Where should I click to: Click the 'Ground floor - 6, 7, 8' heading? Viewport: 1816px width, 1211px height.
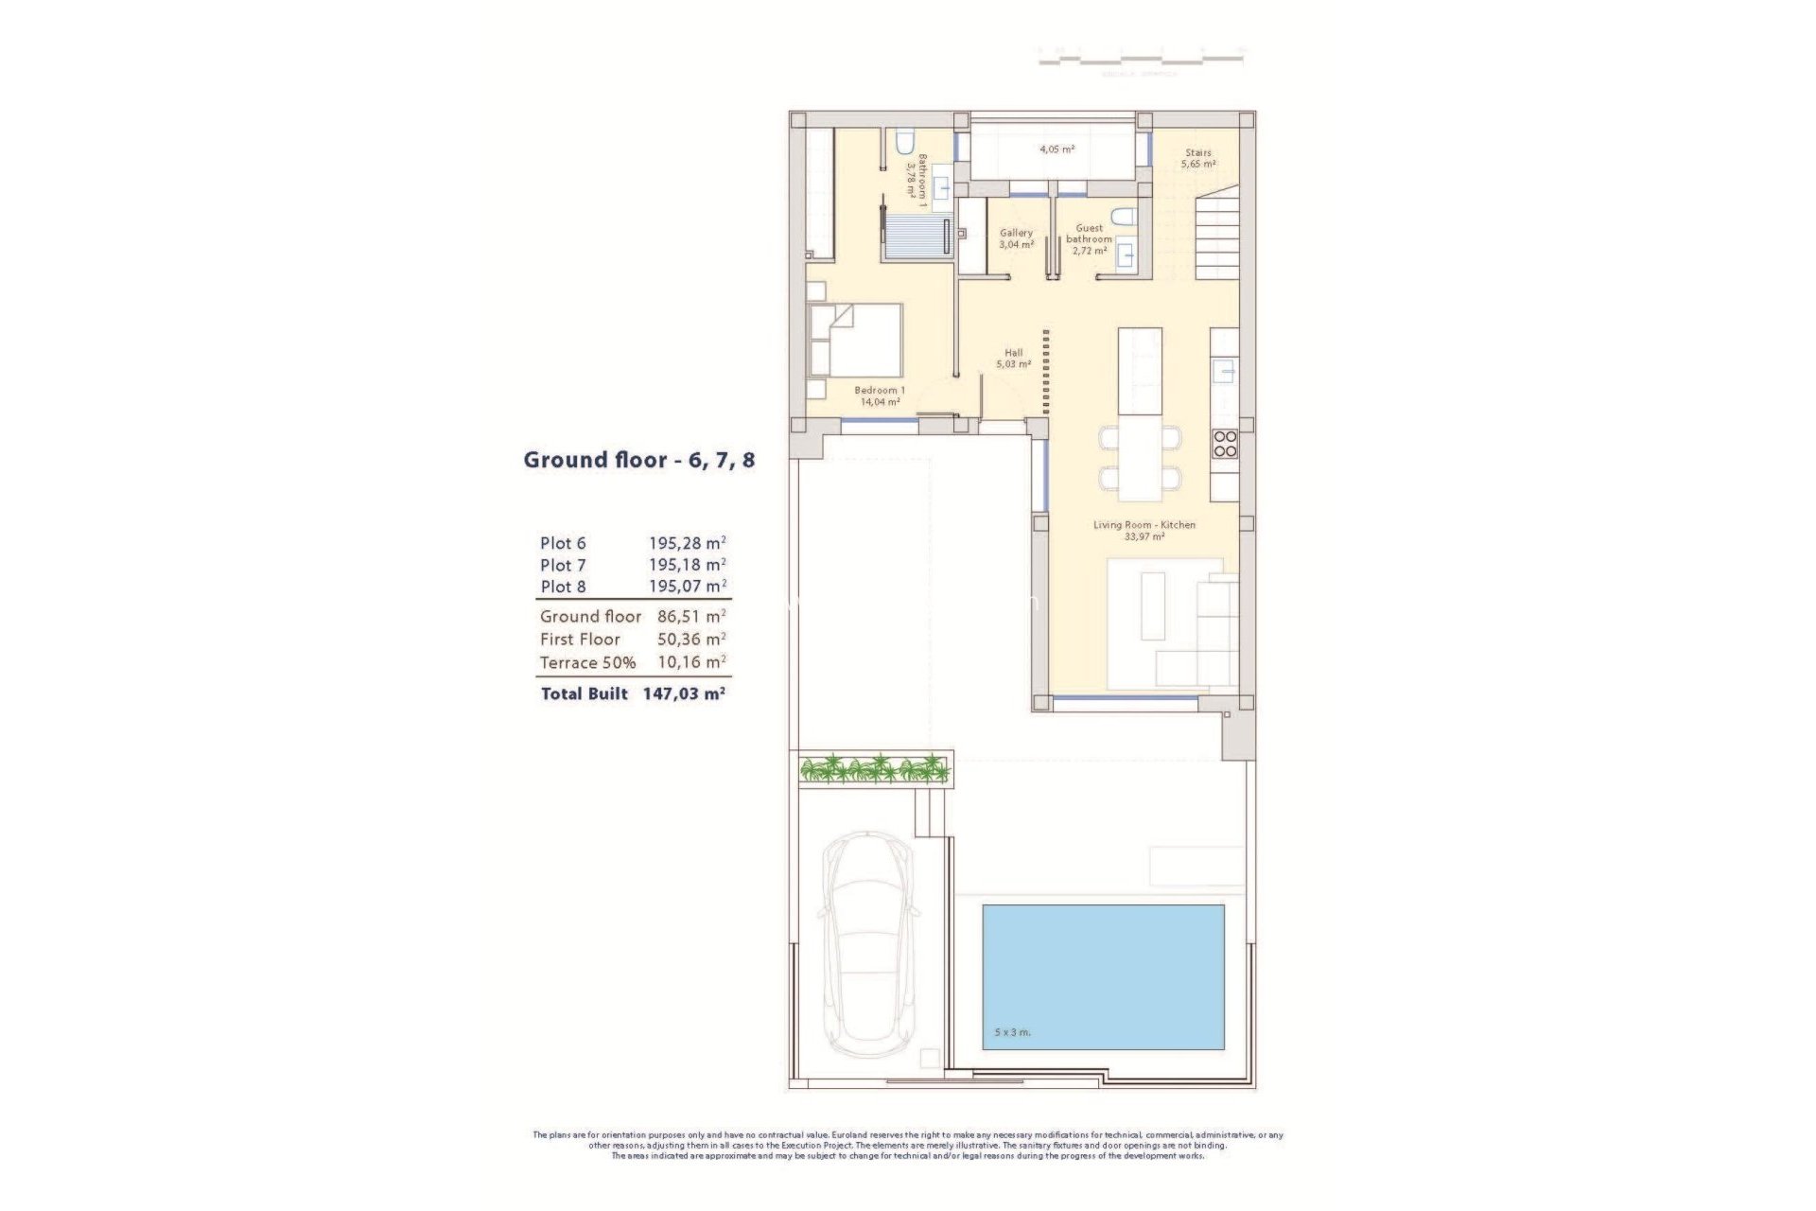point(639,461)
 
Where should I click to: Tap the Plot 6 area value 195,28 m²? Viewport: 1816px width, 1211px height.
point(687,543)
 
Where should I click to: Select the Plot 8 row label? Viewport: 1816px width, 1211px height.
point(563,587)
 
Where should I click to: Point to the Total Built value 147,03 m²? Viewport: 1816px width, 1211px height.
point(684,693)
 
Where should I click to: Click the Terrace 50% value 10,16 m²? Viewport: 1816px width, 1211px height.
point(691,662)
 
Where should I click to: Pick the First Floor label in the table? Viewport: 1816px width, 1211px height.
point(580,640)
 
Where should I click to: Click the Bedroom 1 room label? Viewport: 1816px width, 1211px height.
point(880,395)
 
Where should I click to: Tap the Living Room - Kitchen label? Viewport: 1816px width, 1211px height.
point(1144,530)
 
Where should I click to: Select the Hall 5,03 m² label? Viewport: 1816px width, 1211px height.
point(1013,359)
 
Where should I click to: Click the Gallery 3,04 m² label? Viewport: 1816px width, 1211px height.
point(1016,238)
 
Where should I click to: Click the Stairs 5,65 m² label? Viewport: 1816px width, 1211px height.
point(1198,158)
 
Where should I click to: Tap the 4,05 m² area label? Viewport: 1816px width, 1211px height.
point(1056,149)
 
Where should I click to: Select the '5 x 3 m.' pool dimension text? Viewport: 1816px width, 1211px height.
point(1013,1032)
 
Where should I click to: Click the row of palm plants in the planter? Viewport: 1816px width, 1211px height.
point(874,768)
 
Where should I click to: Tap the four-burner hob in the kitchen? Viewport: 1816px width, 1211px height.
point(1225,444)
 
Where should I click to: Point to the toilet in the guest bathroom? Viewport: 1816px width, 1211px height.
point(1123,217)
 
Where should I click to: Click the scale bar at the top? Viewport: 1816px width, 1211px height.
point(1141,60)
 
